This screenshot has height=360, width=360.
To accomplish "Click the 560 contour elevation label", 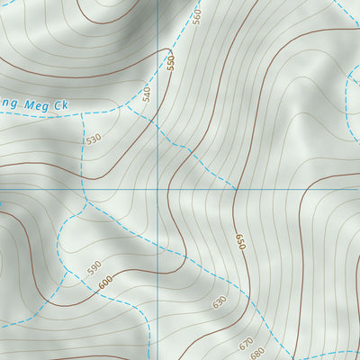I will click(197, 15).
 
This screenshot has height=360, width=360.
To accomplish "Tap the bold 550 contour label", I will click(169, 63).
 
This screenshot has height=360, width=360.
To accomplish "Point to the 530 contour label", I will click(94, 139).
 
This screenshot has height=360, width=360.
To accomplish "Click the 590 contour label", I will click(94, 267).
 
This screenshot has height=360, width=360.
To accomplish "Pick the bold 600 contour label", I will click(105, 283).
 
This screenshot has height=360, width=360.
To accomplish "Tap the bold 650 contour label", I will click(240, 242).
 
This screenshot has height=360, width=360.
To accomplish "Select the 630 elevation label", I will click(220, 301).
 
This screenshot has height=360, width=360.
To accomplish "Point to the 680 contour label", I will click(260, 352).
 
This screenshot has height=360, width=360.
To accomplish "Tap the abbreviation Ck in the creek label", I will click(60, 103).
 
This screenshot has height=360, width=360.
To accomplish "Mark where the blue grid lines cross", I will click(156, 191).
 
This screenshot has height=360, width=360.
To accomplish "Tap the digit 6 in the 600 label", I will click(101, 286).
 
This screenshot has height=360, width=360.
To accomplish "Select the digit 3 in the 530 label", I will click(94, 139).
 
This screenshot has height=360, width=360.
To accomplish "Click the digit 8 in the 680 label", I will click(260, 352).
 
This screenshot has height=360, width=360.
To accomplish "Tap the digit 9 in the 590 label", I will click(94, 267).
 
